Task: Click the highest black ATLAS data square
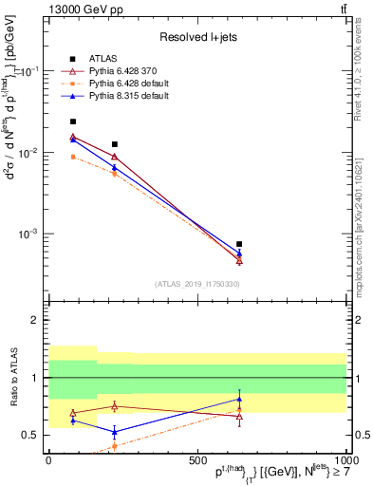73,121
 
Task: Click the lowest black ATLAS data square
239,244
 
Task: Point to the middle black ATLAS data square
115,144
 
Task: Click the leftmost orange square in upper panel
73,157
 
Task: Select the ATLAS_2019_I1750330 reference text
198,283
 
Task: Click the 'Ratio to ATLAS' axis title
14,380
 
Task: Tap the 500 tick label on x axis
197,458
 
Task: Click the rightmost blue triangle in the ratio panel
239,399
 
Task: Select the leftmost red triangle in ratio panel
73,414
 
